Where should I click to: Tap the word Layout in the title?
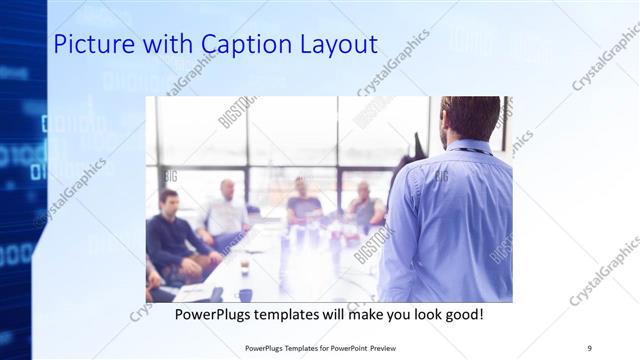pos(332,46)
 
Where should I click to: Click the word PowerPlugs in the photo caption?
pos(215,314)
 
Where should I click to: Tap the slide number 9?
pos(589,347)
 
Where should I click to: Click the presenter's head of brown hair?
pos(469,116)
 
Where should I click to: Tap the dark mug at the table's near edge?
pos(244,294)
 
